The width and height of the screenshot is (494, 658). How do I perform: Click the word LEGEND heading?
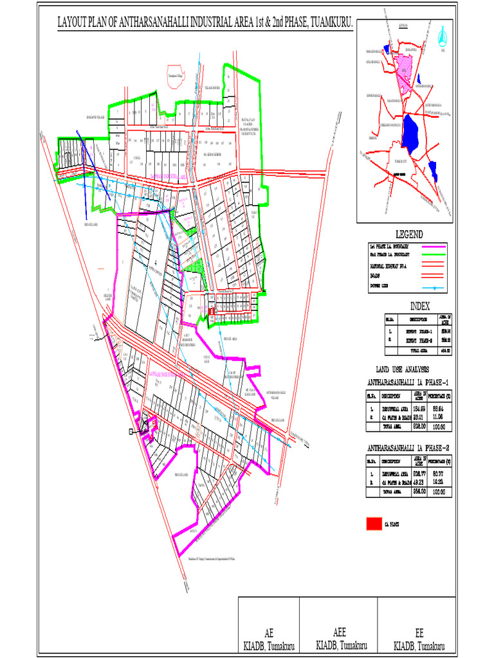(x=408, y=234)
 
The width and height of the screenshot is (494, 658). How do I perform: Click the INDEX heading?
(x=419, y=306)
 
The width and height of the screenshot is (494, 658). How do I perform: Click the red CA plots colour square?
(x=373, y=524)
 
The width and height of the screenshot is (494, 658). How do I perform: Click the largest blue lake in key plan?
(x=410, y=131)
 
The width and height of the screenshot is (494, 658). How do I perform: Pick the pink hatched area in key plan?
(x=403, y=71)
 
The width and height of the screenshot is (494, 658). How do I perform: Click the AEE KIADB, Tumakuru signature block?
(x=341, y=639)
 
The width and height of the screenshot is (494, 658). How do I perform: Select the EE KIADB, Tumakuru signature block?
(x=419, y=639)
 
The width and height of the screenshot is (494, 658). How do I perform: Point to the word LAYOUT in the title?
(x=74, y=22)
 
